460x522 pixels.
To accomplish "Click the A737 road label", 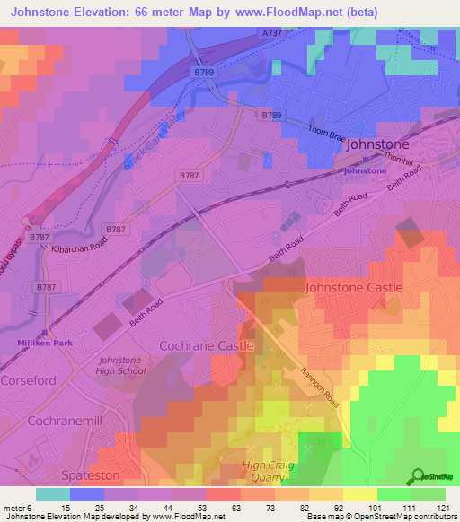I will click(x=273, y=32).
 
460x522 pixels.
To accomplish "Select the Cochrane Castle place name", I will click(x=206, y=345).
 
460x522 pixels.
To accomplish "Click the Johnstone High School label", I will click(x=120, y=365).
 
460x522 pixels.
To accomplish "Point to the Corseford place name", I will click(x=32, y=380).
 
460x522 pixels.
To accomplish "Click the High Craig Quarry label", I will click(x=268, y=472).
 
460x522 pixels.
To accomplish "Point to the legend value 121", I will click(x=442, y=508).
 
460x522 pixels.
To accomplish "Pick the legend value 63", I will click(x=239, y=508).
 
